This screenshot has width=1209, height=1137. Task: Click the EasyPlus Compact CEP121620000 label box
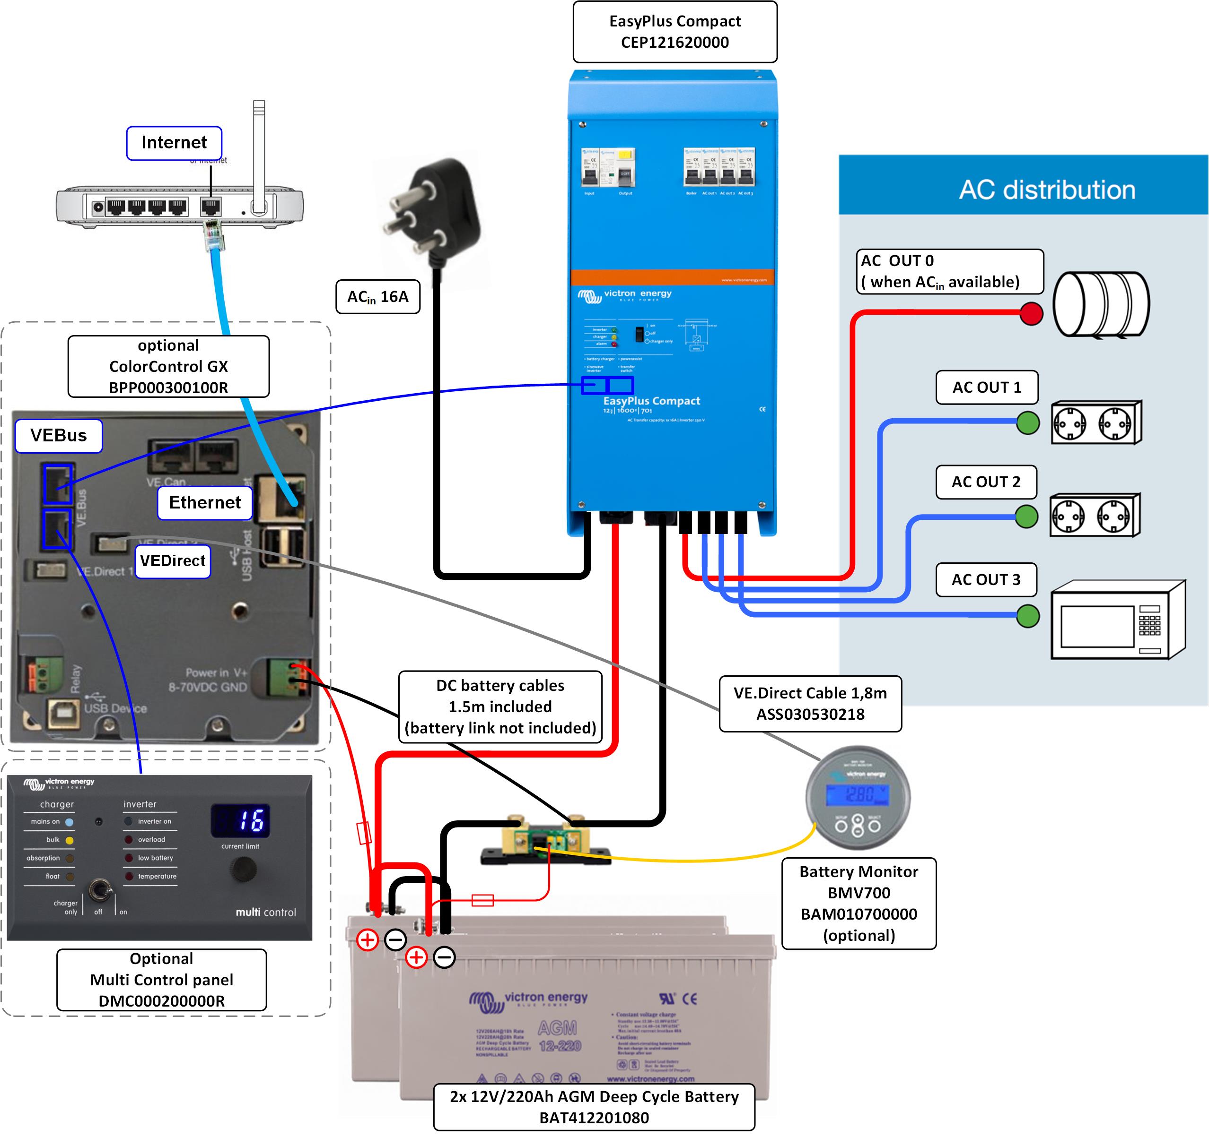point(675,32)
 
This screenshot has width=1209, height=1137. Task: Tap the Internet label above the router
point(174,143)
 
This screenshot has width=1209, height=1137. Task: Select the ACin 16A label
point(377,297)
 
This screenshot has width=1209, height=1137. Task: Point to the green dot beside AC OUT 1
point(1028,422)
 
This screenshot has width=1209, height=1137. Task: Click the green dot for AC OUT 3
point(1028,616)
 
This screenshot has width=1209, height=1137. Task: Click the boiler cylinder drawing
point(1101,304)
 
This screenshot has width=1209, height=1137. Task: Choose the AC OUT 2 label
point(986,482)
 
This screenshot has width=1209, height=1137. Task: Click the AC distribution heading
point(1047,189)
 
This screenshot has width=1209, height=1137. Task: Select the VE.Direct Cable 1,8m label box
point(810,704)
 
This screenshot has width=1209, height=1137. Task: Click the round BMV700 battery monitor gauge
point(858,798)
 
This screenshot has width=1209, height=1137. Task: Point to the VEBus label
point(58,436)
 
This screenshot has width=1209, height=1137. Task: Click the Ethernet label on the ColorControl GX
point(205,502)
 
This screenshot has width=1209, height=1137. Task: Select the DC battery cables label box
point(500,707)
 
